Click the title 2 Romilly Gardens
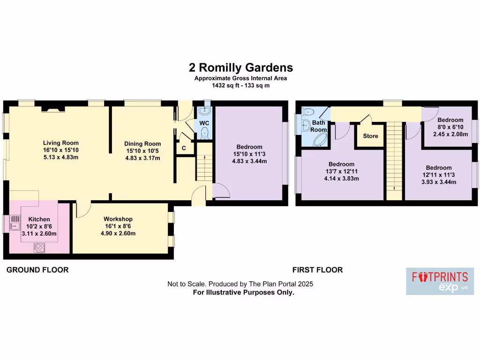[240, 67]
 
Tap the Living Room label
[61, 143]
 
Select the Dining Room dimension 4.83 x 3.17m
[142, 158]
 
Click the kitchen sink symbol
[14, 222]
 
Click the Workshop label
[118, 219]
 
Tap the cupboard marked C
[184, 148]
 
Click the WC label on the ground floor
[204, 123]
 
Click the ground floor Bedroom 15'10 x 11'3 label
[249, 147]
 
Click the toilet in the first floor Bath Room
[308, 112]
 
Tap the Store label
[370, 136]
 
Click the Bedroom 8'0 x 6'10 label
[450, 120]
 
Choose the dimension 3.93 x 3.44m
[439, 182]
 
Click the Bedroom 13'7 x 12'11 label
[341, 164]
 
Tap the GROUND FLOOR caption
[37, 270]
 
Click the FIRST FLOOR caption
[317, 270]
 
